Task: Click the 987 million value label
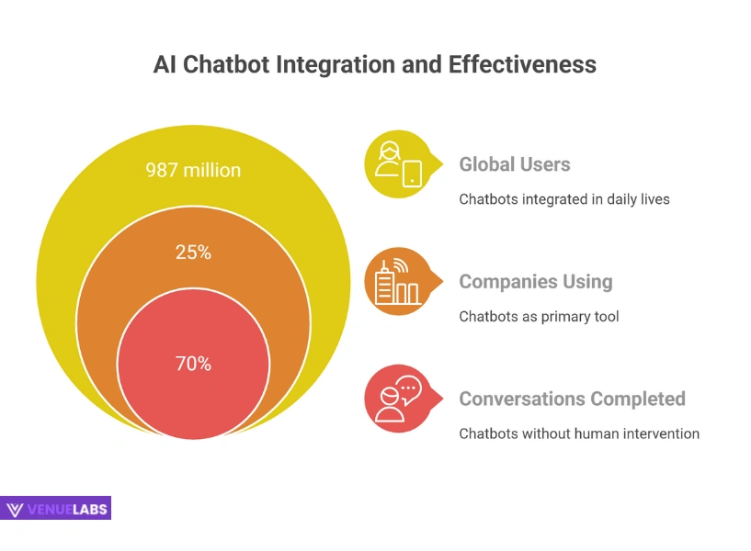(193, 170)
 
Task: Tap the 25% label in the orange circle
(193, 252)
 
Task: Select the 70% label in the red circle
(193, 364)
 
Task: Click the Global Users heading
(515, 164)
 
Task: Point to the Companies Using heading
(536, 282)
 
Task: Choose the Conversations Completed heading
(572, 399)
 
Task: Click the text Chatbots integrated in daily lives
(564, 199)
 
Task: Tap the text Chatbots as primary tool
(539, 316)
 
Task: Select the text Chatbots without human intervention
(579, 433)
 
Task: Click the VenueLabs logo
(55, 508)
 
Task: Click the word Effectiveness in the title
(522, 64)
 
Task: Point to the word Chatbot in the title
(226, 64)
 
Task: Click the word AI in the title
(165, 64)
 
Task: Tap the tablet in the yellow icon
(412, 174)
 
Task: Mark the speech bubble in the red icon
(408, 388)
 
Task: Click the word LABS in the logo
(89, 510)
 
